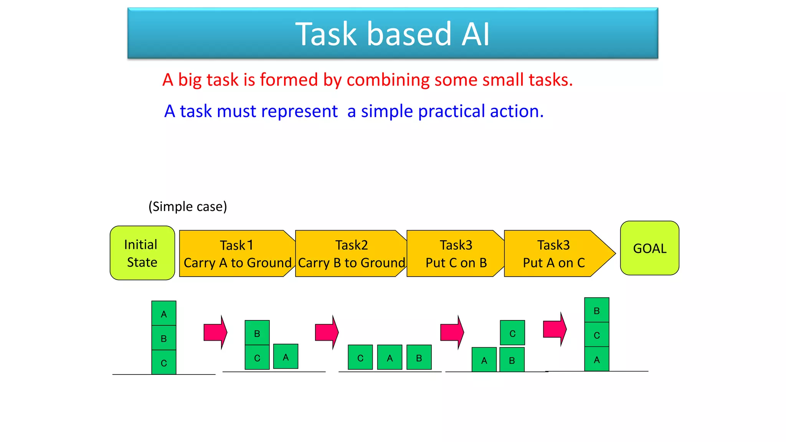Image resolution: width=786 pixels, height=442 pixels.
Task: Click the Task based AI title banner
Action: click(393, 33)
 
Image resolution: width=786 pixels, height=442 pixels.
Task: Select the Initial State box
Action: click(142, 253)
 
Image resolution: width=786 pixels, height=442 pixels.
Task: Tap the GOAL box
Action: click(649, 248)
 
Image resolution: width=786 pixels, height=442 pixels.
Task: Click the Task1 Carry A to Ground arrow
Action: click(236, 254)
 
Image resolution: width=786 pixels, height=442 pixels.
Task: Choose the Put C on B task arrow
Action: click(455, 254)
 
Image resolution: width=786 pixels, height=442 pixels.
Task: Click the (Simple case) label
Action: click(188, 206)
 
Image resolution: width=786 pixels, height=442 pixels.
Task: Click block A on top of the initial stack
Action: click(164, 313)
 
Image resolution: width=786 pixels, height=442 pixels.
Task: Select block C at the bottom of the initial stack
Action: click(164, 362)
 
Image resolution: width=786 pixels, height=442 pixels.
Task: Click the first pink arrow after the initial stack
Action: click(215, 332)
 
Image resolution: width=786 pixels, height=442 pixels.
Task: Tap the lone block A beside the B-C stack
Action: click(286, 356)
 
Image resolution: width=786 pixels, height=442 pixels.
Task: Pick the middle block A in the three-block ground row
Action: click(390, 357)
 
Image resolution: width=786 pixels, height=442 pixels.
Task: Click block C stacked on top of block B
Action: click(512, 333)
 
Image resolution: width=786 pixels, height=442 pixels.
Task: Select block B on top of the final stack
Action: click(596, 310)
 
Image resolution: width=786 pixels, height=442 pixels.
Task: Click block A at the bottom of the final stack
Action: click(596, 359)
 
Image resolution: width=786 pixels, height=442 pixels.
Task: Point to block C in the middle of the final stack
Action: click(596, 335)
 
